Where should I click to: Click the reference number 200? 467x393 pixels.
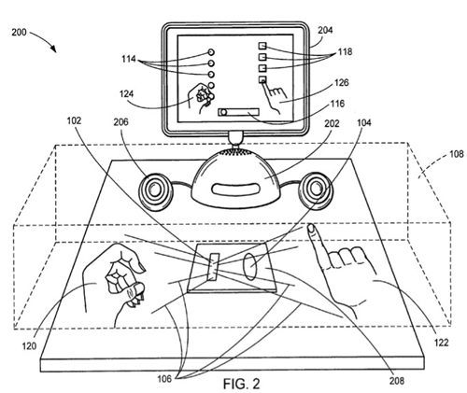point(19,32)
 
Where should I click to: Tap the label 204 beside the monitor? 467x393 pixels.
point(325,30)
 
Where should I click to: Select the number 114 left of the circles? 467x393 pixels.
point(129,59)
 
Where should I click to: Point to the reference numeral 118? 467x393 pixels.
point(345,51)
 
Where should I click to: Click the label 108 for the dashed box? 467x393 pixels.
point(457,154)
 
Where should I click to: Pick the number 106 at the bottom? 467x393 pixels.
point(164,379)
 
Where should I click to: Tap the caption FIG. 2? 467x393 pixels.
point(241,384)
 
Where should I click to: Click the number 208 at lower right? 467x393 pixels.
point(397,380)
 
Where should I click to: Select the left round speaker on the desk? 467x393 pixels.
point(155,190)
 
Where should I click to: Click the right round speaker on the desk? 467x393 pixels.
point(316,189)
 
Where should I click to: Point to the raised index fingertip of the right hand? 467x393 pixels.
point(311,228)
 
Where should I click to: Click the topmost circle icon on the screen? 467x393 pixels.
point(211,52)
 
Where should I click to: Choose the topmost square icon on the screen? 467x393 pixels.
point(262,46)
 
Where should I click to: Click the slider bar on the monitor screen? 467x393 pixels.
point(239,112)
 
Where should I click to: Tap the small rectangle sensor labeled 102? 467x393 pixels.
point(214,266)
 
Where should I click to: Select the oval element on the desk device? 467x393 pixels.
point(250,267)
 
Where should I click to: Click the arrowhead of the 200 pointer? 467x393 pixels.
point(53,49)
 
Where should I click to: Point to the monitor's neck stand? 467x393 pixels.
point(235,138)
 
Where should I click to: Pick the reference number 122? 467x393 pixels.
point(442,343)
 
